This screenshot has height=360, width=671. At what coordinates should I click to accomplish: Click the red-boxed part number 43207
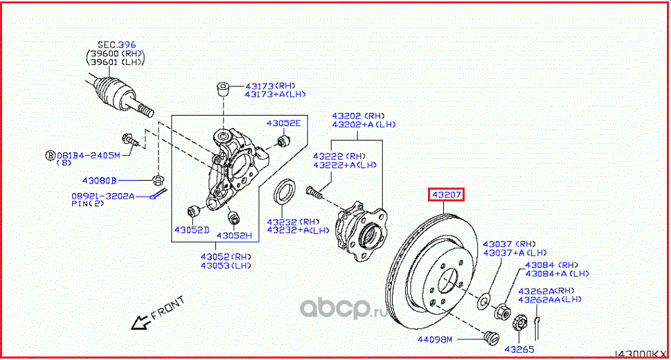click(x=447, y=195)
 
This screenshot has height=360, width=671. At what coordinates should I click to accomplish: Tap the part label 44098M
click(x=435, y=339)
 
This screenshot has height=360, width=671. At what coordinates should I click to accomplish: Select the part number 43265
click(x=519, y=349)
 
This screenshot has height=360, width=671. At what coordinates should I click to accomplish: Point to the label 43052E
click(x=284, y=123)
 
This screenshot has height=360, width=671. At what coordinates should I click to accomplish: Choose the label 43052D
click(x=191, y=229)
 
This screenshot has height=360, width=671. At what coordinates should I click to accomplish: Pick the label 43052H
click(x=234, y=235)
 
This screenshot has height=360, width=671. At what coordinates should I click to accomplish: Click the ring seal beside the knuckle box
click(x=285, y=192)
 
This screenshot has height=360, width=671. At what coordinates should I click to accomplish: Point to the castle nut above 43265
click(x=519, y=322)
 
